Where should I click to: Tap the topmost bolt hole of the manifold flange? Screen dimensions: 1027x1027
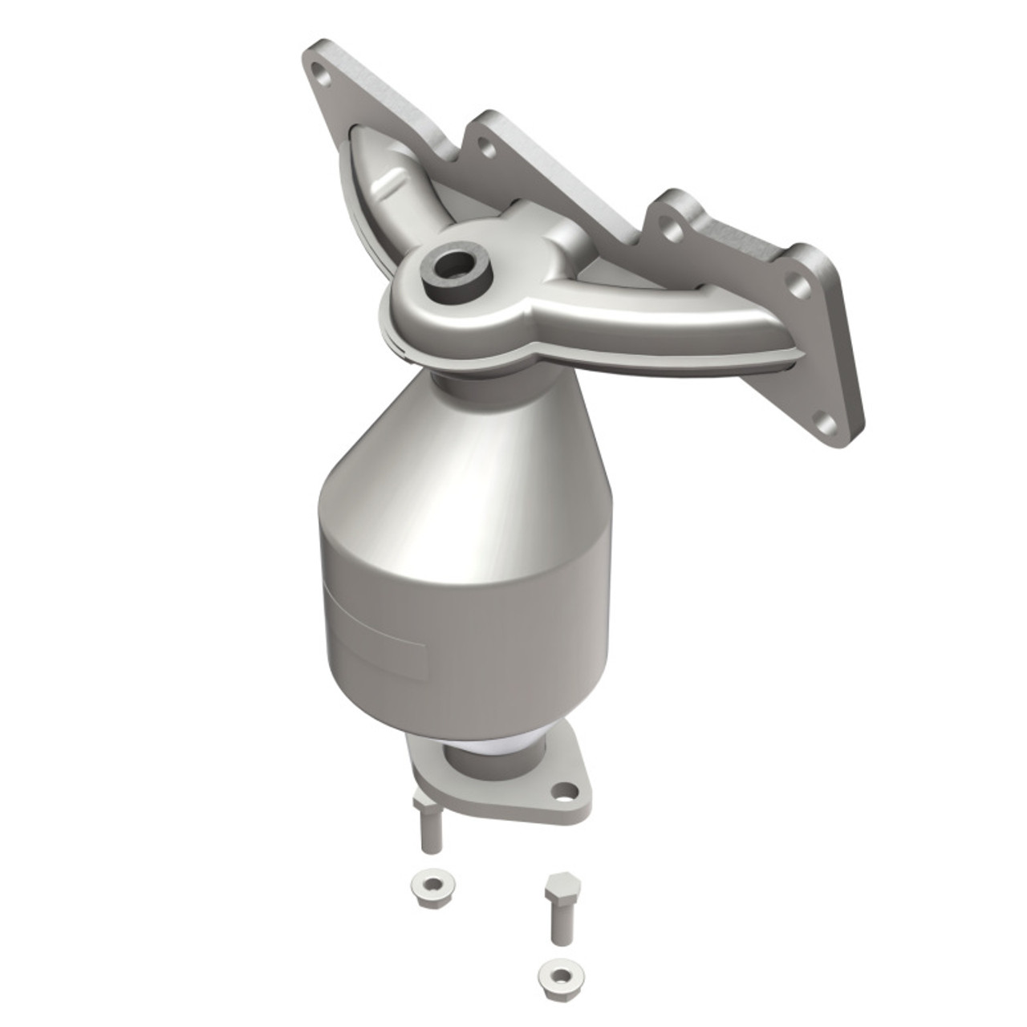pyautogui.click(x=323, y=79)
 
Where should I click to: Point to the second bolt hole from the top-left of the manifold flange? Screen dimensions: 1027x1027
pyautogui.click(x=483, y=145)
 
